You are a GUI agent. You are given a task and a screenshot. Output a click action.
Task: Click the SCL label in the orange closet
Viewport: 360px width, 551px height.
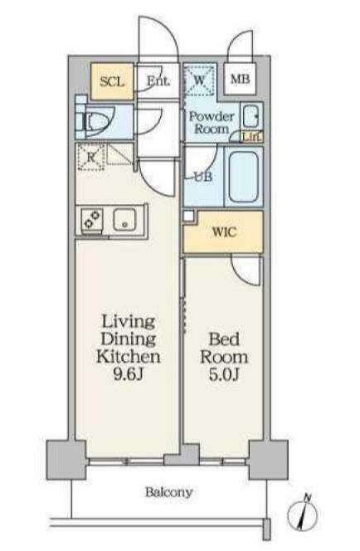tap(112, 82)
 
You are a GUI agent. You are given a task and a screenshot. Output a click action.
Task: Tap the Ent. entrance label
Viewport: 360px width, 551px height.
tap(158, 81)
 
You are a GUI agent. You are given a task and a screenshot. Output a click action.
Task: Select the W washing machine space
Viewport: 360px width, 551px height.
tap(199, 80)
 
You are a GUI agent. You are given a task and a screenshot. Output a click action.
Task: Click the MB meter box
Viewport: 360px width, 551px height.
tap(240, 79)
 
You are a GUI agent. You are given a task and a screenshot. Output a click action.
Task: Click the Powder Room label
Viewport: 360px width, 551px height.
tap(212, 122)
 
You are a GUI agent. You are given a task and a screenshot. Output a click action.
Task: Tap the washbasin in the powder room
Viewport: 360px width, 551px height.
tap(251, 116)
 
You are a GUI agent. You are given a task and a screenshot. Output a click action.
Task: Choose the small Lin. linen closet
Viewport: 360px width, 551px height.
tap(252, 136)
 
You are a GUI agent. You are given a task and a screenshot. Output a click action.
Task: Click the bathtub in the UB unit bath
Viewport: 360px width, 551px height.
tap(243, 177)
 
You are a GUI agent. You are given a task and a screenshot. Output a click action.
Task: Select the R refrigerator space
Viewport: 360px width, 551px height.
tap(91, 157)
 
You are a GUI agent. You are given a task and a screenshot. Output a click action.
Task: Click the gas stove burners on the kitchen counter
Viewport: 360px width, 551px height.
tap(92, 220)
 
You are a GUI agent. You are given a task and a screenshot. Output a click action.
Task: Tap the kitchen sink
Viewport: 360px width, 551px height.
tap(124, 219)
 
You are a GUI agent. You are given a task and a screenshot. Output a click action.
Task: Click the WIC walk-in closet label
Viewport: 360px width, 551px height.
tap(225, 232)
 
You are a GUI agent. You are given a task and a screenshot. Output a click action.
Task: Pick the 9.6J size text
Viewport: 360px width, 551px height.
tap(129, 374)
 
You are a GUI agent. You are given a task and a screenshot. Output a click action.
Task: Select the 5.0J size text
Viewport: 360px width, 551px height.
tap(224, 375)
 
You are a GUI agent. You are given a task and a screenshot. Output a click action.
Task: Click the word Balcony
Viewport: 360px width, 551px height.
tap(169, 493)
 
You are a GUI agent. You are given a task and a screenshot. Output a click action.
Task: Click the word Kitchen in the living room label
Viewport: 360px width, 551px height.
tap(129, 356)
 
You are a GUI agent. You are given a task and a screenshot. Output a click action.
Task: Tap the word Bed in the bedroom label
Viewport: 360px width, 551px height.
tap(224, 339)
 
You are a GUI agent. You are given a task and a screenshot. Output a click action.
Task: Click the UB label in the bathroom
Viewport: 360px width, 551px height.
tap(203, 177)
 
